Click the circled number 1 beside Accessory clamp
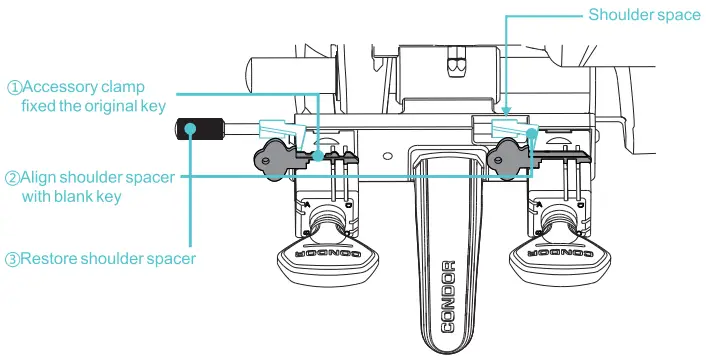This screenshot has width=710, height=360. (14, 87)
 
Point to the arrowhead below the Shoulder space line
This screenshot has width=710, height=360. (506, 116)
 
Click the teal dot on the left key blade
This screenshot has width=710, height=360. (318, 156)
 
